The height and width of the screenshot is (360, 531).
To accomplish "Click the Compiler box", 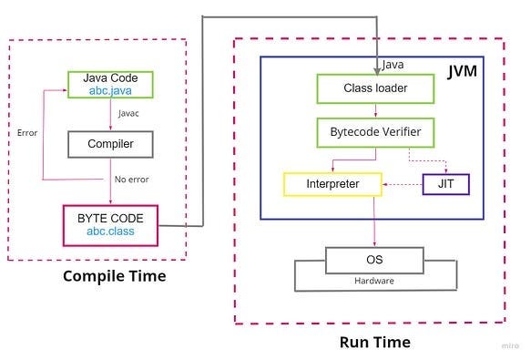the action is tap(110, 144).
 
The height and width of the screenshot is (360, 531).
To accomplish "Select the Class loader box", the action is tap(375, 88).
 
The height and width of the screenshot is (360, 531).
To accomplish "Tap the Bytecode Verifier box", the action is tap(375, 132).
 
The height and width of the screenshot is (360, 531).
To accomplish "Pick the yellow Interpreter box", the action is tap(332, 184).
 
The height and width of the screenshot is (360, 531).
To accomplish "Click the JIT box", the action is tap(446, 184).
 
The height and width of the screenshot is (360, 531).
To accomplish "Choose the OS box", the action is tap(374, 261).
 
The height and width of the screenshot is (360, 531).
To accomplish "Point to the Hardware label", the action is tap(374, 281).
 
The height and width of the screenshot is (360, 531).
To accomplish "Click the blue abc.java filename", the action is tap(110, 91).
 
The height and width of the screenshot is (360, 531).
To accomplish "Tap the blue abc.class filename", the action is tap(110, 231).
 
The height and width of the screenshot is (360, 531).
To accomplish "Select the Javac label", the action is tap(128, 113).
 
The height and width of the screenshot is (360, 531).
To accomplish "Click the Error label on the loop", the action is tap(27, 133).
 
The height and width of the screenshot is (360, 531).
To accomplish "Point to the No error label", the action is tap(132, 180).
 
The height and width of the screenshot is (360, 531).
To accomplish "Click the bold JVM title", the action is tap(463, 71).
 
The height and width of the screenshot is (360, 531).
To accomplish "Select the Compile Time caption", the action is tap(115, 276).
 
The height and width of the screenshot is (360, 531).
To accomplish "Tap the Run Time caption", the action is tap(375, 342).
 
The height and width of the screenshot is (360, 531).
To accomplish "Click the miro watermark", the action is tap(510, 345).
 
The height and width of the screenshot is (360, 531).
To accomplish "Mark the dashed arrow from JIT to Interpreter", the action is tap(403, 185).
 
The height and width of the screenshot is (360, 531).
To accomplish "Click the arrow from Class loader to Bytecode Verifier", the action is tap(375, 110).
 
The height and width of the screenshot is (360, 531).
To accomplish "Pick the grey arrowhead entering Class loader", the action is tap(377, 71).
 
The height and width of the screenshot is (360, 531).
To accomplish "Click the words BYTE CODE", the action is tap(110, 219).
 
